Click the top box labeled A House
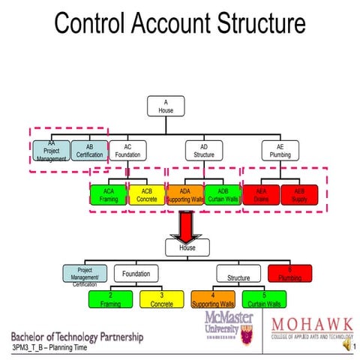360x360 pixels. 166,107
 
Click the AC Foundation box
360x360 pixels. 127,151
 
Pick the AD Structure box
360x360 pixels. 203,151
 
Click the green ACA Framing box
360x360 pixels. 109,196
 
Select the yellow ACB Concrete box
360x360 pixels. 146,196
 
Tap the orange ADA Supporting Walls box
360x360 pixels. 184,196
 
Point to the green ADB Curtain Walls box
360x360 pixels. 222,196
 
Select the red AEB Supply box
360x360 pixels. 299,196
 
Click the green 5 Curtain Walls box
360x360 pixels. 263,300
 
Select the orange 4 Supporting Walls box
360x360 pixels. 213,300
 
